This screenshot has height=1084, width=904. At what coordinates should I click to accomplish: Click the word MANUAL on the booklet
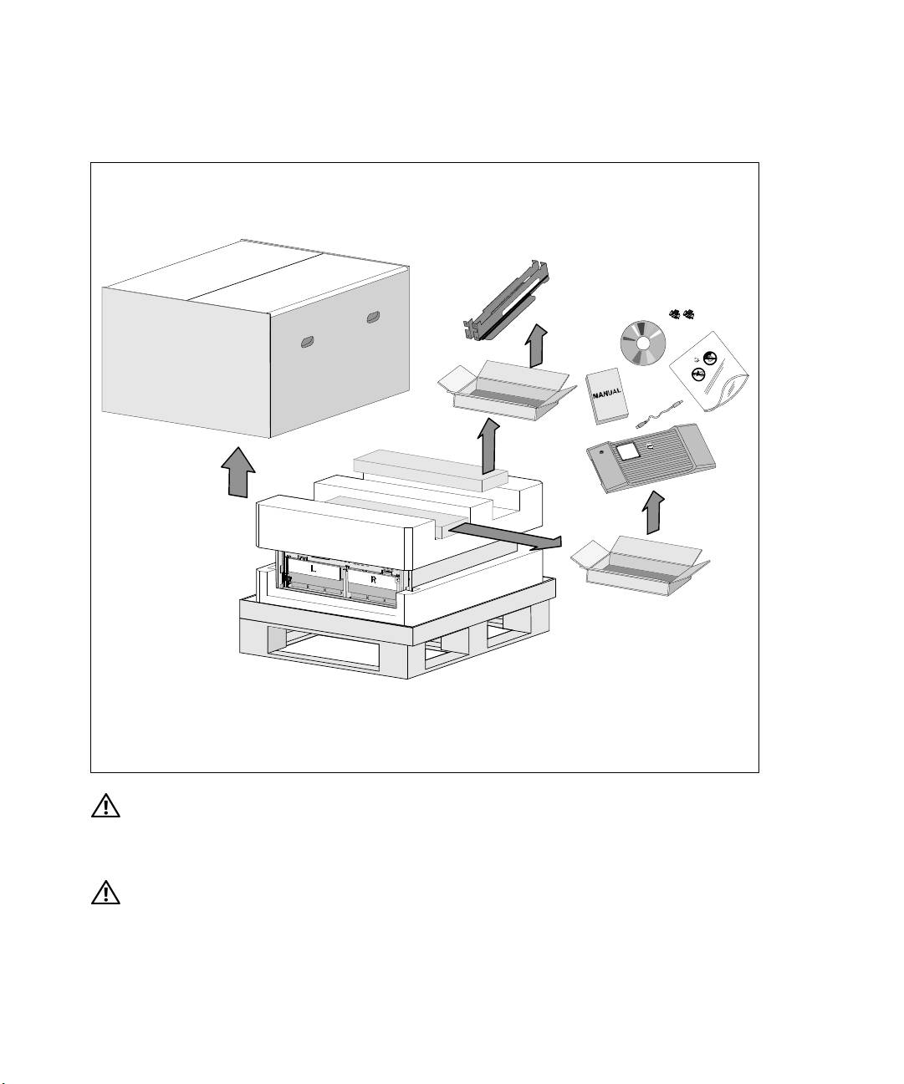click(607, 393)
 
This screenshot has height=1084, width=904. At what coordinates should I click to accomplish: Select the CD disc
click(643, 344)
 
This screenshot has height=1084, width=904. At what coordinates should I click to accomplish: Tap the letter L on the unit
click(313, 569)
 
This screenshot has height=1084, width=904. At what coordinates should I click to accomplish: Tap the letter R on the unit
click(373, 579)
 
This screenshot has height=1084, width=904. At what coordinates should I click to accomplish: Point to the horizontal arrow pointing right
click(505, 536)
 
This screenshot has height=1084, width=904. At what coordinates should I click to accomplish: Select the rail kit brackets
click(506, 303)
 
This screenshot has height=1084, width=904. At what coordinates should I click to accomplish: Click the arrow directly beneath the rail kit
click(536, 346)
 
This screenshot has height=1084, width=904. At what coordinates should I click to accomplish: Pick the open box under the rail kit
click(507, 389)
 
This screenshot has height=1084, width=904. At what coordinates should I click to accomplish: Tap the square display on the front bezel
click(629, 450)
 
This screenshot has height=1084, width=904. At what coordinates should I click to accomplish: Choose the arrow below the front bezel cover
click(653, 512)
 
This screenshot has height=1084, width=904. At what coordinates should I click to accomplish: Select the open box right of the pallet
click(640, 566)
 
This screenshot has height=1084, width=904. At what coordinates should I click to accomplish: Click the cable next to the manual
click(659, 415)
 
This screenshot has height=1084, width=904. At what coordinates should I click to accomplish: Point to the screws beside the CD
click(682, 313)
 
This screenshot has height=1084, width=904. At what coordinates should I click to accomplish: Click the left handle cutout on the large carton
click(308, 342)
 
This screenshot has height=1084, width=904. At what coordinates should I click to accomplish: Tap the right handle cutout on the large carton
click(374, 318)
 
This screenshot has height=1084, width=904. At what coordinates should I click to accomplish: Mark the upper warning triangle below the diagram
click(105, 805)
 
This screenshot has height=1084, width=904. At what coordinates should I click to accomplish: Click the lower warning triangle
click(105, 893)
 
